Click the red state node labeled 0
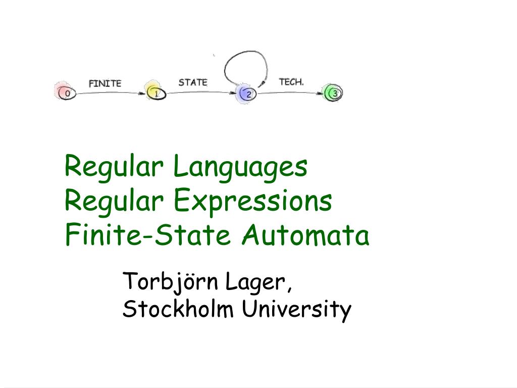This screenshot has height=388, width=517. click(67, 93)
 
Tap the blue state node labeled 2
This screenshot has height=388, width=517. click(248, 93)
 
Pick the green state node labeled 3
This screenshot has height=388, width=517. click(335, 93)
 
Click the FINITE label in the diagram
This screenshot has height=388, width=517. click(105, 83)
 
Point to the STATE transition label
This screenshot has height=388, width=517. click(192, 82)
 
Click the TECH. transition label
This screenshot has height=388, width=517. click(291, 82)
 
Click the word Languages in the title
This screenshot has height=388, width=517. click(240, 167)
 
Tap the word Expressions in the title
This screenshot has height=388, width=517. click(253, 201)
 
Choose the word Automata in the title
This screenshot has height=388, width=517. click(305, 235)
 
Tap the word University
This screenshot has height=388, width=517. click(296, 309)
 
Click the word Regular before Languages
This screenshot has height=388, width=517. click(115, 167)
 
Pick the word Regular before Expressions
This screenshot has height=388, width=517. click(115, 201)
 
